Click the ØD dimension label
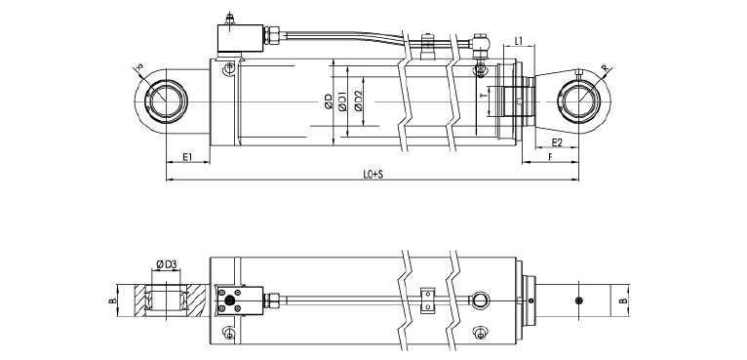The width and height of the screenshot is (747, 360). click(x=329, y=102)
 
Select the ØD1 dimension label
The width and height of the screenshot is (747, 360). click(x=342, y=102)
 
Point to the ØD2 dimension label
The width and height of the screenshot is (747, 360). click(x=359, y=101)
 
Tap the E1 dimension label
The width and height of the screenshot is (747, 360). click(x=187, y=156)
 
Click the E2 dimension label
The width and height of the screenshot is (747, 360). click(x=557, y=142)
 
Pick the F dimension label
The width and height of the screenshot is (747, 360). click(x=551, y=156)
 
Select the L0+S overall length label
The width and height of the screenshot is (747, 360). click(x=373, y=175)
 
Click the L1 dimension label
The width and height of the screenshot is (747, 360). click(x=519, y=41)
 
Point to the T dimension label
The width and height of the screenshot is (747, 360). click(x=484, y=96)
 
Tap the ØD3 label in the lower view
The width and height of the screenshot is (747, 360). click(x=166, y=263)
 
